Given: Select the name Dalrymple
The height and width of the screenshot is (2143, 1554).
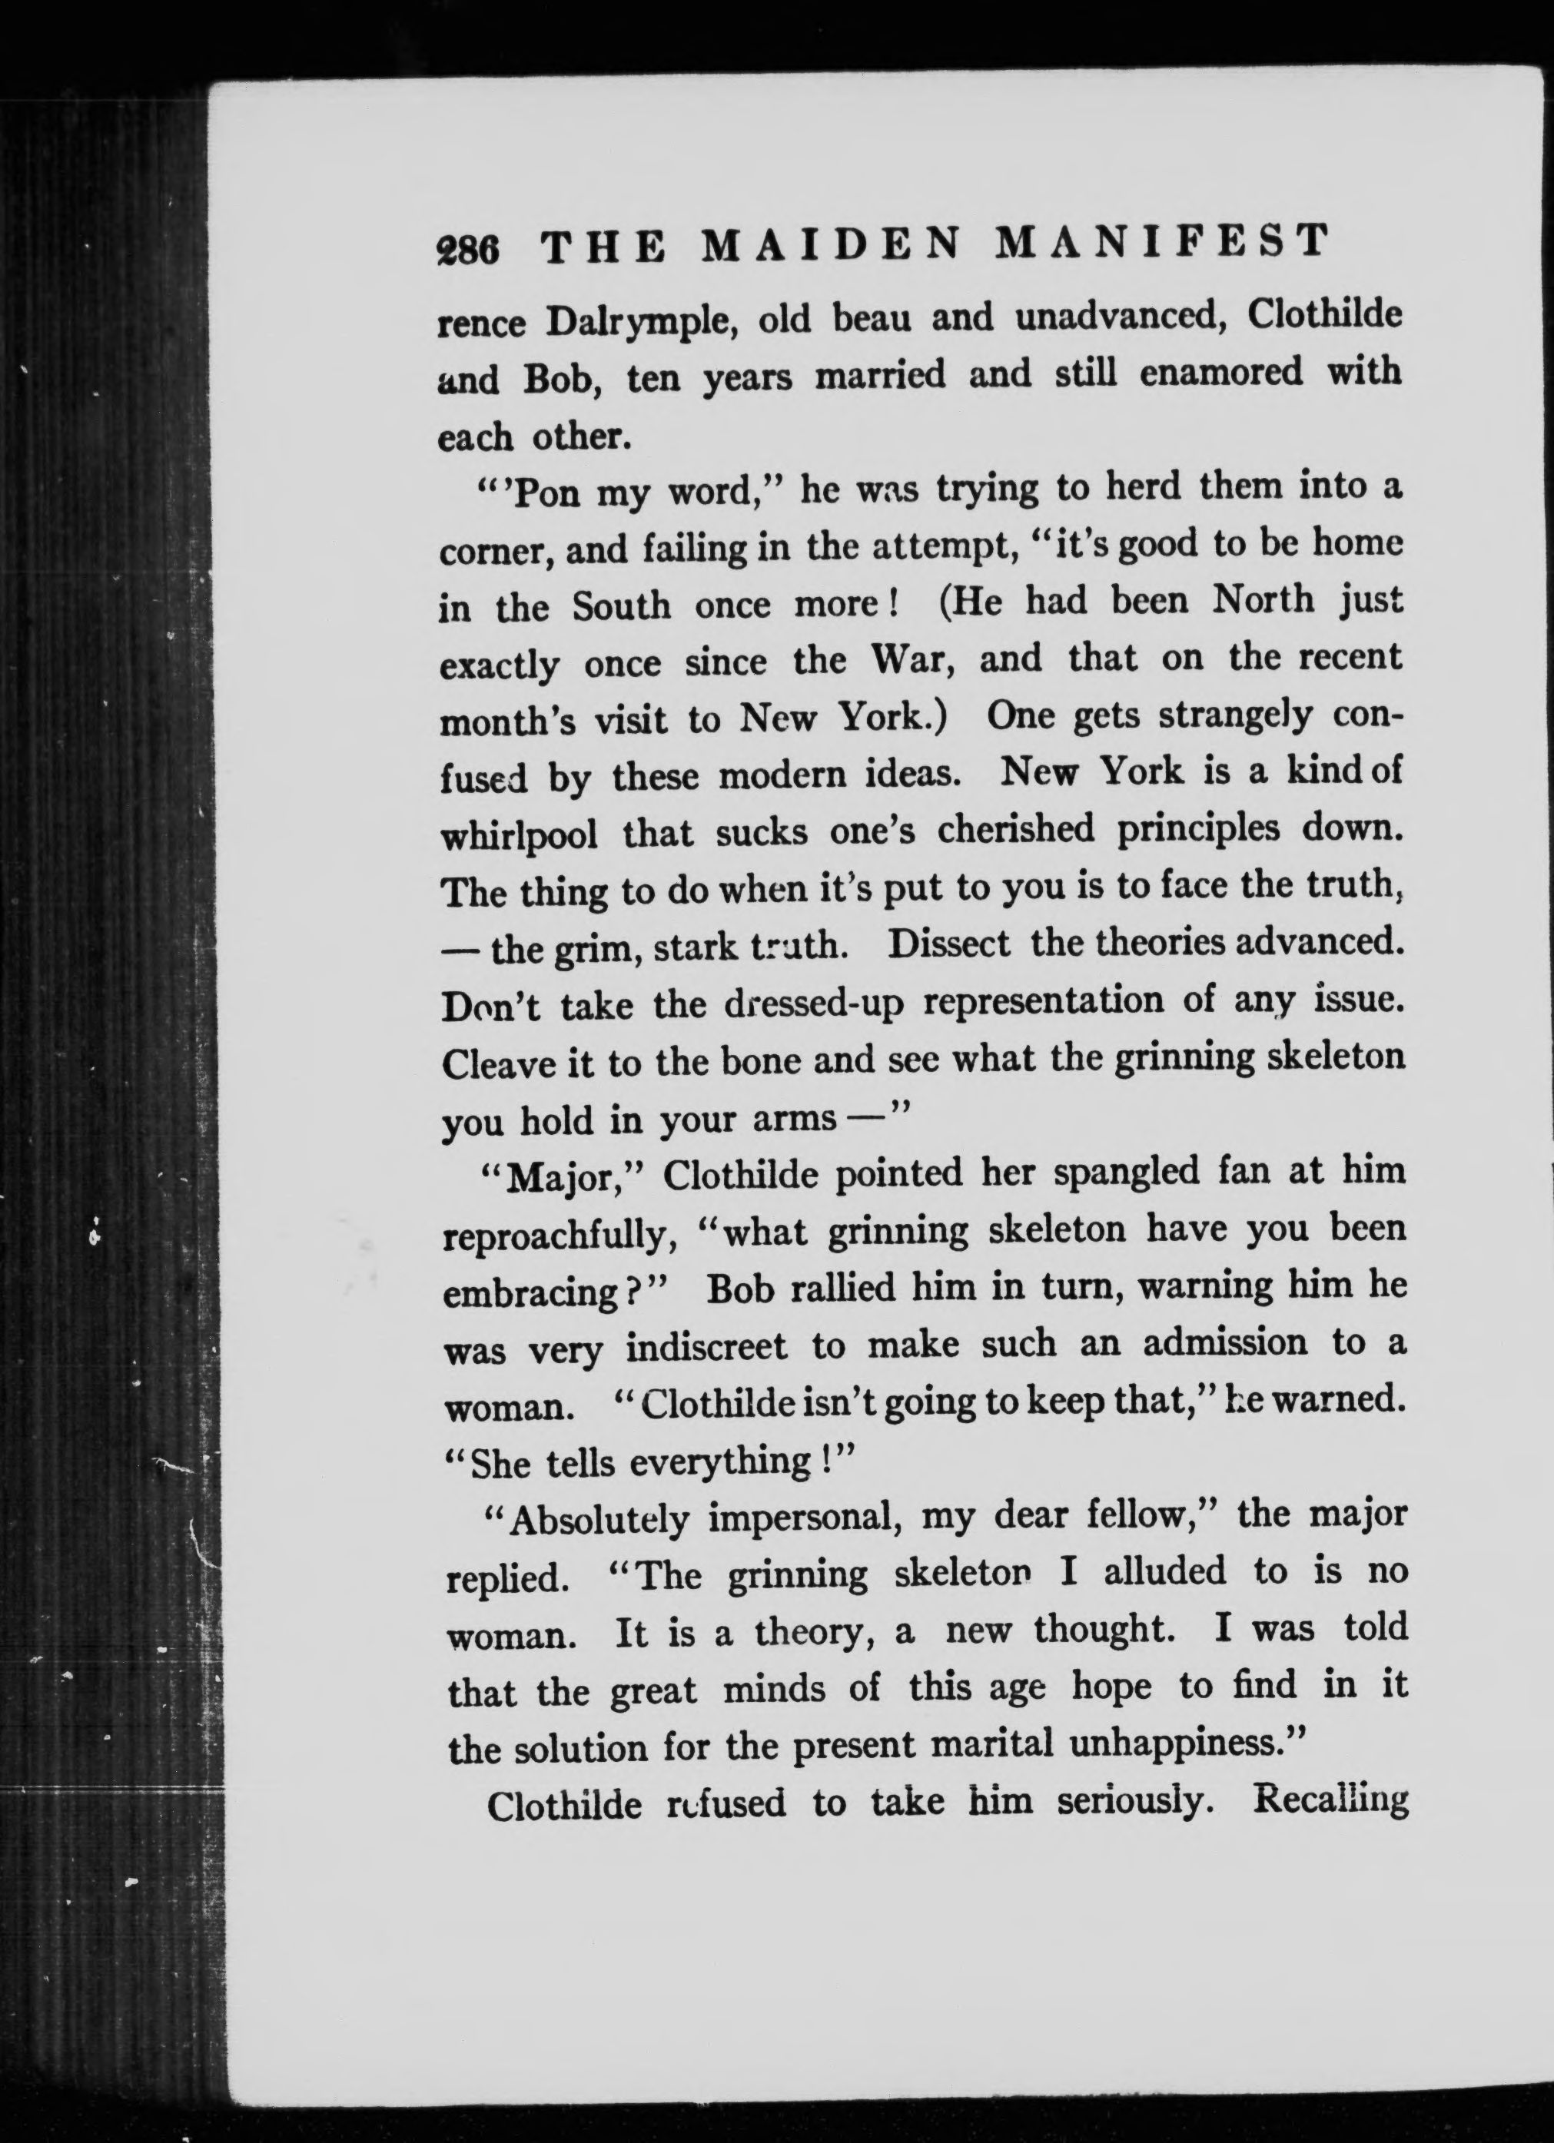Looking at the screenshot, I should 640,322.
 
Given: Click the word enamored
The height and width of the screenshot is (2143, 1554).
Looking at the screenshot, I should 1220,373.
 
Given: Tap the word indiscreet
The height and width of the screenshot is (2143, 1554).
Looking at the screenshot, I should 706,1348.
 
